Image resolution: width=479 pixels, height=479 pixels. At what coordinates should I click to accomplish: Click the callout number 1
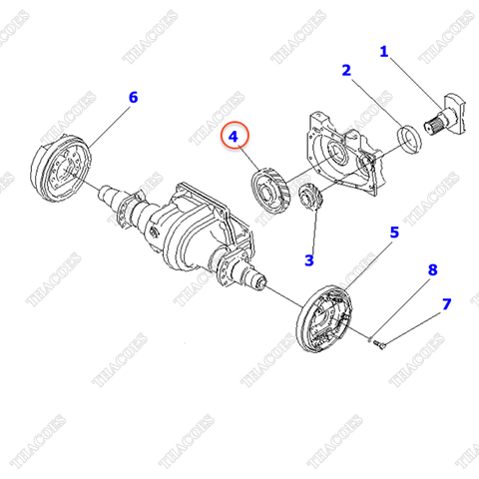tap(384, 50)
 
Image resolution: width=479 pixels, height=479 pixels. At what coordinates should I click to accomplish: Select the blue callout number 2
tap(346, 70)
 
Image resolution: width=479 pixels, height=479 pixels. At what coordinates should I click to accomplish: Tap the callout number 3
tap(309, 260)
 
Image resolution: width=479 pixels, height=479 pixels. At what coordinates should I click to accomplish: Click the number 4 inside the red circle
tap(234, 136)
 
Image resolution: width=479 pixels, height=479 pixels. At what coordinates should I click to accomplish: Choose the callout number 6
tap(133, 97)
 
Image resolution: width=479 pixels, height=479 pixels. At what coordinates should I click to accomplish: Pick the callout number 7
tap(446, 303)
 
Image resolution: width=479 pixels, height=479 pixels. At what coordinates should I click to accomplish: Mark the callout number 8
tap(432, 270)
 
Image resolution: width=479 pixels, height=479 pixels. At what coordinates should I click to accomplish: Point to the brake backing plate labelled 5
tap(327, 315)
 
